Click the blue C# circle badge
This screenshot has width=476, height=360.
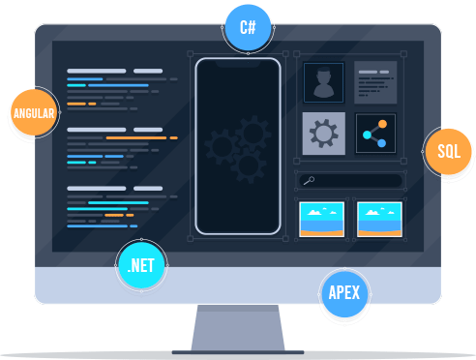point(248,27)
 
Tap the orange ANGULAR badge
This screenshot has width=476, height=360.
point(34,112)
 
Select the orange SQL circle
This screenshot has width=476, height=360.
point(448,151)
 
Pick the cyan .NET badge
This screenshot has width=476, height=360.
point(141,265)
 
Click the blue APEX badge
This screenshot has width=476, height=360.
point(344,293)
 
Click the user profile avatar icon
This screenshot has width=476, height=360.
point(323,82)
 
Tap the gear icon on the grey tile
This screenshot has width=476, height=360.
point(324,134)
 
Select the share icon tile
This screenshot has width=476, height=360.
point(375,134)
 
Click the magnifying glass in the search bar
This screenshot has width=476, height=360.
point(309,181)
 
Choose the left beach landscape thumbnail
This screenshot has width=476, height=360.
point(321,220)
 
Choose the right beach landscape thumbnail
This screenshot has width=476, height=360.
point(379,220)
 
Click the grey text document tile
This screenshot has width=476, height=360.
point(375,82)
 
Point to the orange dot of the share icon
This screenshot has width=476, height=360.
point(382,124)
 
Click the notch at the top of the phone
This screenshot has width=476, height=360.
point(238,64)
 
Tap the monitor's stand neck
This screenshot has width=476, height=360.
point(238,327)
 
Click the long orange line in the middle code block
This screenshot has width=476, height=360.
point(136,137)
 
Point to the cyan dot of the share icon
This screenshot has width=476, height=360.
point(367,135)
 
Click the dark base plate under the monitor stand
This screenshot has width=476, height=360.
point(238,352)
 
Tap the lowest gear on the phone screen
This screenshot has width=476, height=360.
point(249,165)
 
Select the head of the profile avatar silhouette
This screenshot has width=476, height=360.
point(323,76)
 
